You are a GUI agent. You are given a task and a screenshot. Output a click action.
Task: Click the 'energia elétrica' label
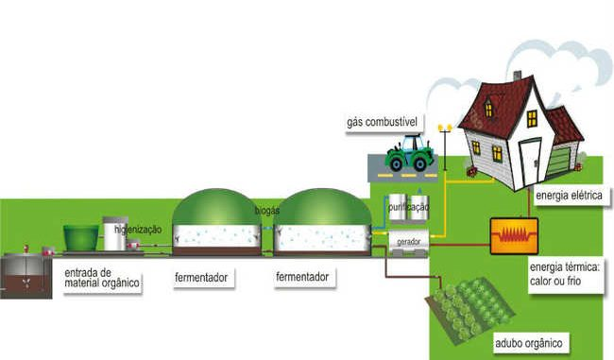(x=568, y=196)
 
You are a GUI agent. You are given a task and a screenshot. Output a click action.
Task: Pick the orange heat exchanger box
(x=512, y=232)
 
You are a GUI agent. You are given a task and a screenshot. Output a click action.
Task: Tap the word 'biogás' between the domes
(x=266, y=210)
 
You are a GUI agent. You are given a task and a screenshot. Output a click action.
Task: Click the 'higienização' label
(x=138, y=230)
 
